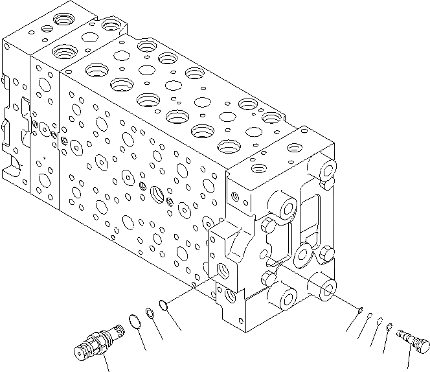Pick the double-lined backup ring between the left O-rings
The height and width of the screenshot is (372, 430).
tap(149, 312)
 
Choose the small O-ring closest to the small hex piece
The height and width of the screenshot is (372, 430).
tap(380, 321)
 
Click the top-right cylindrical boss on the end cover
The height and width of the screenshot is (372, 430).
tap(326, 170)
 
